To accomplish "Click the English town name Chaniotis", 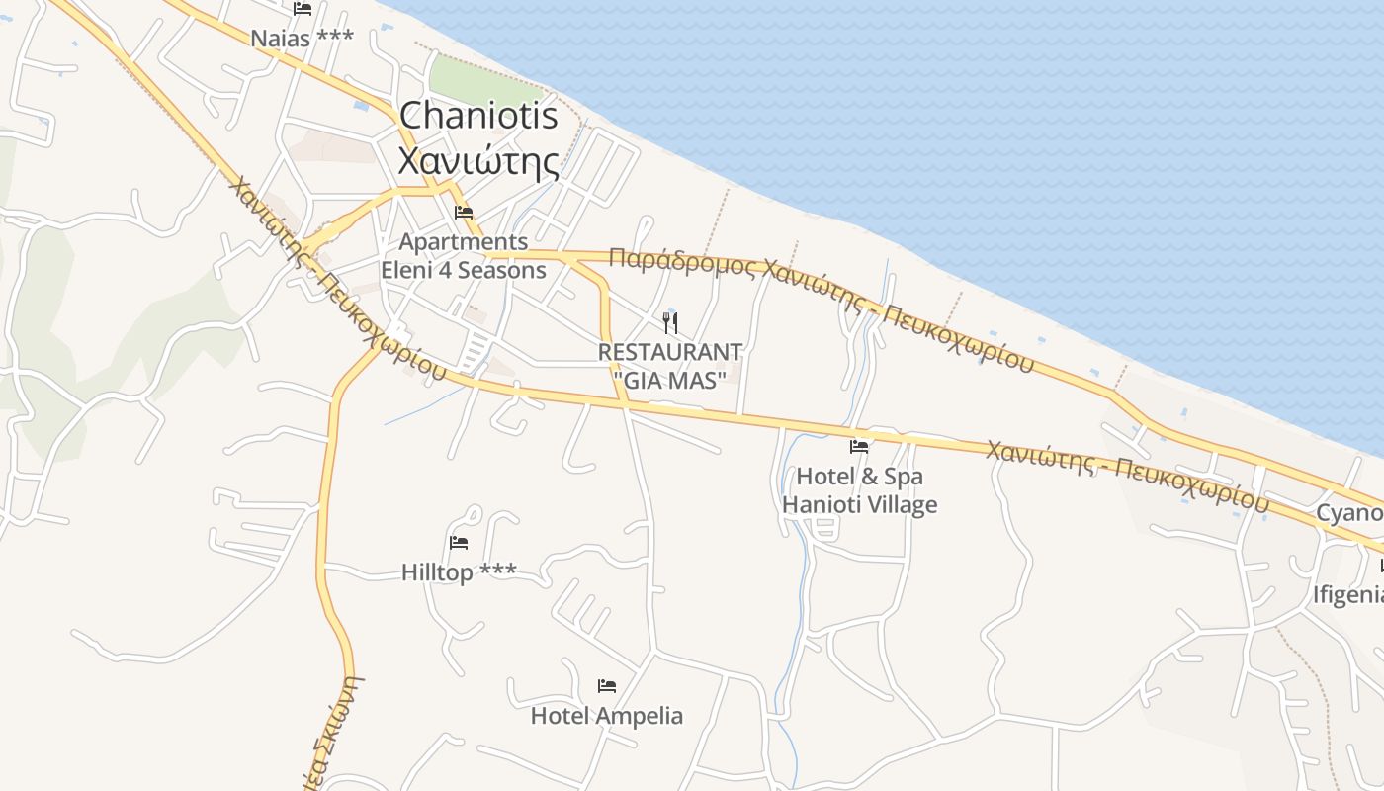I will tap(478, 116).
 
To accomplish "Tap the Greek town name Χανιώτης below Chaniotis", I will tap(477, 160).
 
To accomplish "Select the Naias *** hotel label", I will tap(302, 39).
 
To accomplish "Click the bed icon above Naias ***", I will tap(303, 9).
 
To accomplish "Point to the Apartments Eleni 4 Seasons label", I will tap(464, 256).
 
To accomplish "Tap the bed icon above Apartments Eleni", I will tap(464, 213).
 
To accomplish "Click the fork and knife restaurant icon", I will tap(670, 322).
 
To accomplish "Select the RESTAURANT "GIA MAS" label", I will tap(670, 366).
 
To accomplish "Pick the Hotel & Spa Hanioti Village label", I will tap(859, 490).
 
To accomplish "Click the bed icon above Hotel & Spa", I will tap(859, 446).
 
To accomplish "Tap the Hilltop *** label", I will tap(459, 571).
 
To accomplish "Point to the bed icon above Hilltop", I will tap(459, 542).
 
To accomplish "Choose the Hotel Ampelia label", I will tap(607, 715).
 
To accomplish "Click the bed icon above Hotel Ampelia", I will tap(607, 685).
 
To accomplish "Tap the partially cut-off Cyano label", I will tap(1348, 513).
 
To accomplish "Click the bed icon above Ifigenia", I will tap(1380, 567).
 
